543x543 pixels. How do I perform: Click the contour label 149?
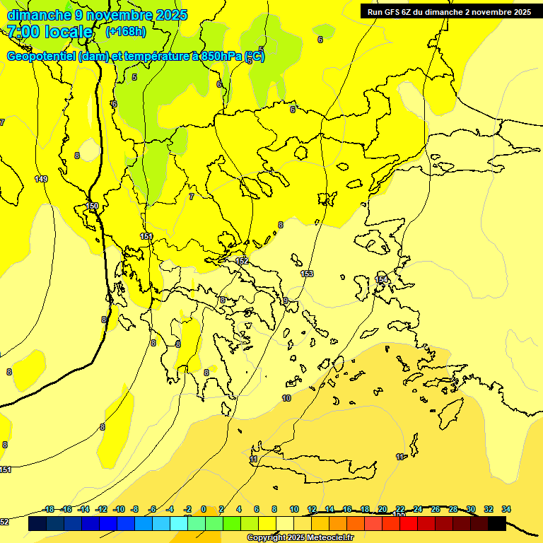[41, 179]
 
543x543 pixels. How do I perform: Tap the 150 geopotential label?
[92, 206]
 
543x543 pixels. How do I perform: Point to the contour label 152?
[242, 261]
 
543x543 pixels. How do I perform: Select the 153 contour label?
[307, 274]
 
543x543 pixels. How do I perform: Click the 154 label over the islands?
[381, 280]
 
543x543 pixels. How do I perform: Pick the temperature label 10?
[286, 398]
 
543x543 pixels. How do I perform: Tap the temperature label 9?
[286, 300]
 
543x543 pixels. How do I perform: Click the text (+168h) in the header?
[126, 31]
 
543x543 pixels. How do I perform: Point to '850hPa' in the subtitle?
[218, 57]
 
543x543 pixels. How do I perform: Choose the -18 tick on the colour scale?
[48, 509]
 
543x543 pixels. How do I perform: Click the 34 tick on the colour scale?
[506, 509]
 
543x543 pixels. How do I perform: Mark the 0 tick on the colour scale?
[203, 509]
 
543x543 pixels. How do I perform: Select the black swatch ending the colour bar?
[497, 524]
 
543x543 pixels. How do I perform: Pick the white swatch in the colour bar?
[285, 524]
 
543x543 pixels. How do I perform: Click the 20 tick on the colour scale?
[383, 509]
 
